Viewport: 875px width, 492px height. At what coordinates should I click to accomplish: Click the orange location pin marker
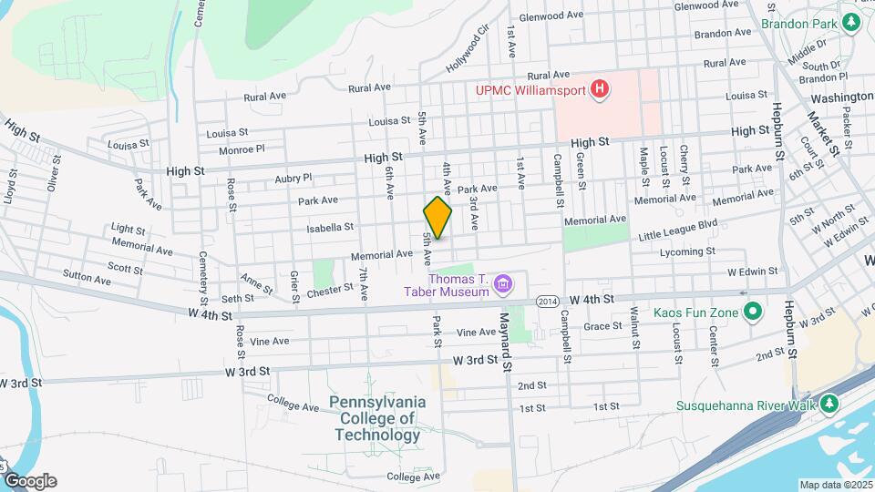437,217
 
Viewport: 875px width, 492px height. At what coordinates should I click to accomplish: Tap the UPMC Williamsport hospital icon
600,89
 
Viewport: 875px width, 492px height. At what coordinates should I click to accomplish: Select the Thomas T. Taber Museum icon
501,286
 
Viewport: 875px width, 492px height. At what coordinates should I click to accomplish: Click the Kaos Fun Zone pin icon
752,313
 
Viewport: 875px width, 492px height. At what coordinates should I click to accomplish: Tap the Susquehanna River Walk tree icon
829,404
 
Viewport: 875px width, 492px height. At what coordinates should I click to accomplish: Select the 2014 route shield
547,301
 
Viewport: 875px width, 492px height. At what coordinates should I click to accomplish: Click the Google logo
29,481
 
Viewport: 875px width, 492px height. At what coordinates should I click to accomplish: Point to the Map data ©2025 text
834,485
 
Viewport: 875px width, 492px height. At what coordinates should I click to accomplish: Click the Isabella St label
330,228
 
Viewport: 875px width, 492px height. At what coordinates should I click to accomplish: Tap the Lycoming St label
685,251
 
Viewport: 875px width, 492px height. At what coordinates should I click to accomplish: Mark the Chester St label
330,289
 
